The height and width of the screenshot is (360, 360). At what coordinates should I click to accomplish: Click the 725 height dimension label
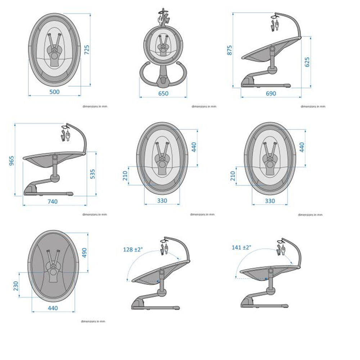coord(87,50)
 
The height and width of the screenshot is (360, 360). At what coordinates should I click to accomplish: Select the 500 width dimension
coord(54,92)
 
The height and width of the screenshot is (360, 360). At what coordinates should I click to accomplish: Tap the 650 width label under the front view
coord(163,94)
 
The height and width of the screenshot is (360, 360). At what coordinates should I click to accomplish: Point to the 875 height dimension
coord(229,50)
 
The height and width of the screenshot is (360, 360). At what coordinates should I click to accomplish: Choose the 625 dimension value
coord(307,62)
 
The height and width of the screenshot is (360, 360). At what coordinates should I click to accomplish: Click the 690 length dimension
coord(271,94)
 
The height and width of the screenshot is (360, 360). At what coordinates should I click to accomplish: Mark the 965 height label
coord(12,161)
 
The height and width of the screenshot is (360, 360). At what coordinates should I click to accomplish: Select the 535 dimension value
coord(92,174)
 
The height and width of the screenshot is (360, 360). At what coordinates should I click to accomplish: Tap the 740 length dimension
coord(52,202)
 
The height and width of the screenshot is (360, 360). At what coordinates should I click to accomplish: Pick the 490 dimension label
coord(84,253)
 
